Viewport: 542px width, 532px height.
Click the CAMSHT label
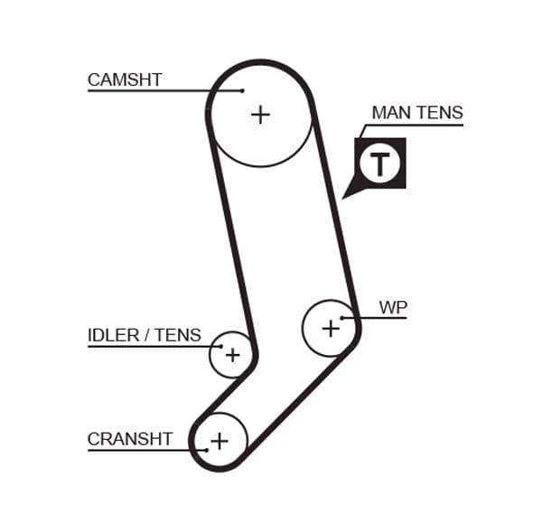[x=125, y=79]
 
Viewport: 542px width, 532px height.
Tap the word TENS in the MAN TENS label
[x=442, y=113]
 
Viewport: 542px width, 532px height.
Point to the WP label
[x=393, y=307]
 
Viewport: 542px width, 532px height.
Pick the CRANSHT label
[x=129, y=440]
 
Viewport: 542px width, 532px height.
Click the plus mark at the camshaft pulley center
[x=260, y=115]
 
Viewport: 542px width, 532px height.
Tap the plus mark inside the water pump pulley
[x=331, y=328]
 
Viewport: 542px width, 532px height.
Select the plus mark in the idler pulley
[x=232, y=354]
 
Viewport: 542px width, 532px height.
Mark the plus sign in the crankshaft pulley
[x=219, y=441]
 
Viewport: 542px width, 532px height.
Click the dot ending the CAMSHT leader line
[x=242, y=90]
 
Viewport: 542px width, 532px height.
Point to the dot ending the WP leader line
[x=342, y=318]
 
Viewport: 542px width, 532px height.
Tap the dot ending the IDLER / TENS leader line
[x=220, y=346]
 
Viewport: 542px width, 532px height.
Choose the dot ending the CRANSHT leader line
[x=207, y=450]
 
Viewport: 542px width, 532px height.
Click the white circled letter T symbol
[x=380, y=164]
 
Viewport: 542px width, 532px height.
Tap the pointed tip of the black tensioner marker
[x=344, y=196]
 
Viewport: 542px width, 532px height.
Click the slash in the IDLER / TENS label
[x=146, y=336]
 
